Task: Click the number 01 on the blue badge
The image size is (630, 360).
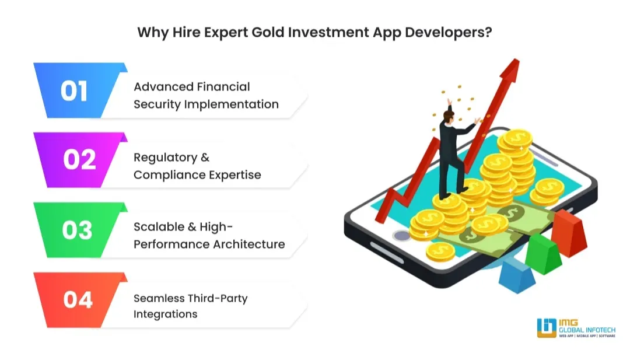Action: pos(74,91)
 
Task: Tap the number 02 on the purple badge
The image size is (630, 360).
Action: pos(79,160)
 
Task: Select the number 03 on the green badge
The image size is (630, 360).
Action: pos(77,230)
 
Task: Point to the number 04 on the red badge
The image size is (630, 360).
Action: pos(78,299)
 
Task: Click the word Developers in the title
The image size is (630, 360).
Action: pos(442,32)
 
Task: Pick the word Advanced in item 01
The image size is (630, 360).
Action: pos(163,87)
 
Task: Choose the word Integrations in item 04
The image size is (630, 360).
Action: pos(165,314)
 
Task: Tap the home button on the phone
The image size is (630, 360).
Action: pos(401,236)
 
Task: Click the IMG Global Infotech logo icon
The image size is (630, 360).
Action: pos(547,328)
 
